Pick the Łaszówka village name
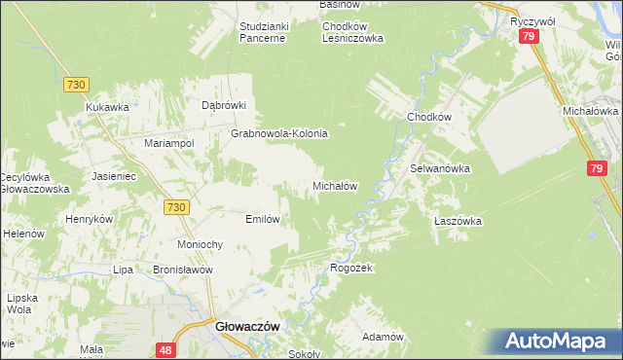458,221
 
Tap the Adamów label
383,337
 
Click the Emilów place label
263,219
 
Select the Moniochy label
202,244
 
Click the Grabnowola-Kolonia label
279,133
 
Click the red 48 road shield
165,347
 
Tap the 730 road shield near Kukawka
78,85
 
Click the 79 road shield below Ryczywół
529,36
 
